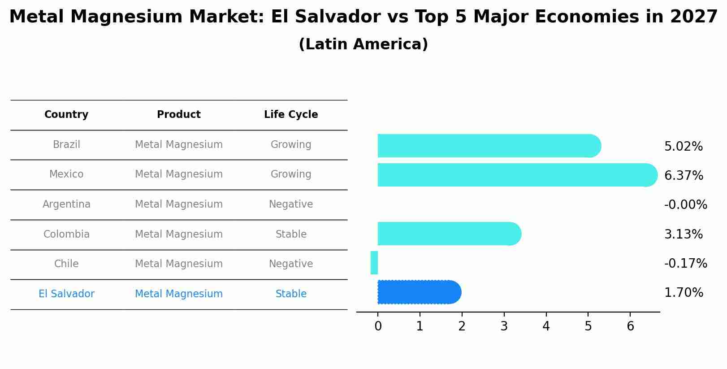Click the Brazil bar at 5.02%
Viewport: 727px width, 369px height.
(489, 146)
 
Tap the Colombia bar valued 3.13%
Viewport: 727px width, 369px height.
(449, 234)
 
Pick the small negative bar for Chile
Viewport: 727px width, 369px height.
(374, 263)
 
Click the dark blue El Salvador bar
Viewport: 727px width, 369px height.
(419, 292)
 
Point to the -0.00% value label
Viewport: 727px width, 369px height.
(685, 205)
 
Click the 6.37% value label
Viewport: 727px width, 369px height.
(684, 175)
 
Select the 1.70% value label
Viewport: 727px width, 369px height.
(684, 293)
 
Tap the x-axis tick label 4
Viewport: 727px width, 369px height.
(546, 326)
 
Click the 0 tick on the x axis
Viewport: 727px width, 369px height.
(378, 326)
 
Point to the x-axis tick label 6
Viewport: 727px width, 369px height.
(630, 326)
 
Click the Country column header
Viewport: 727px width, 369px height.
(66, 115)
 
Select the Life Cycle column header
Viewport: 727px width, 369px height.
(291, 115)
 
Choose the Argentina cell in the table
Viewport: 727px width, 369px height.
(66, 204)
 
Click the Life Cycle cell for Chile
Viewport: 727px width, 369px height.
(291, 264)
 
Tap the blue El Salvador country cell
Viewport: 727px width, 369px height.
(66, 294)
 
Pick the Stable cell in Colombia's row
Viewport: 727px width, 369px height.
(291, 234)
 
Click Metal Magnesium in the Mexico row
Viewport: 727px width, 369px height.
(179, 174)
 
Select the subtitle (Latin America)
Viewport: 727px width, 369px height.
(363, 44)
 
